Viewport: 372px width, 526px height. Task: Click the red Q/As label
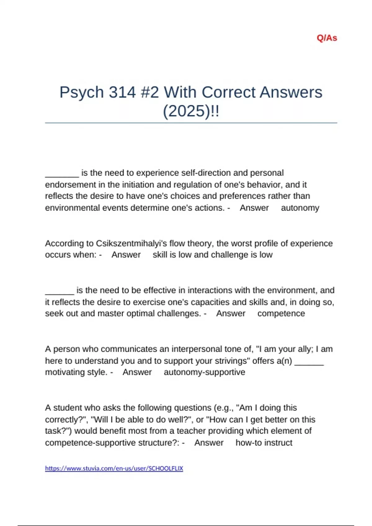click(327, 38)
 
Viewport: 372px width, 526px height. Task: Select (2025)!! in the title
click(191, 111)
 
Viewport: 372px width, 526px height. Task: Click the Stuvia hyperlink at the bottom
click(114, 468)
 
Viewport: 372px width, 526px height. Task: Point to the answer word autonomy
click(300, 208)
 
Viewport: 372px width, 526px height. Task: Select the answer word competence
click(281, 313)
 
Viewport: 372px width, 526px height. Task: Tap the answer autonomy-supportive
click(204, 372)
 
